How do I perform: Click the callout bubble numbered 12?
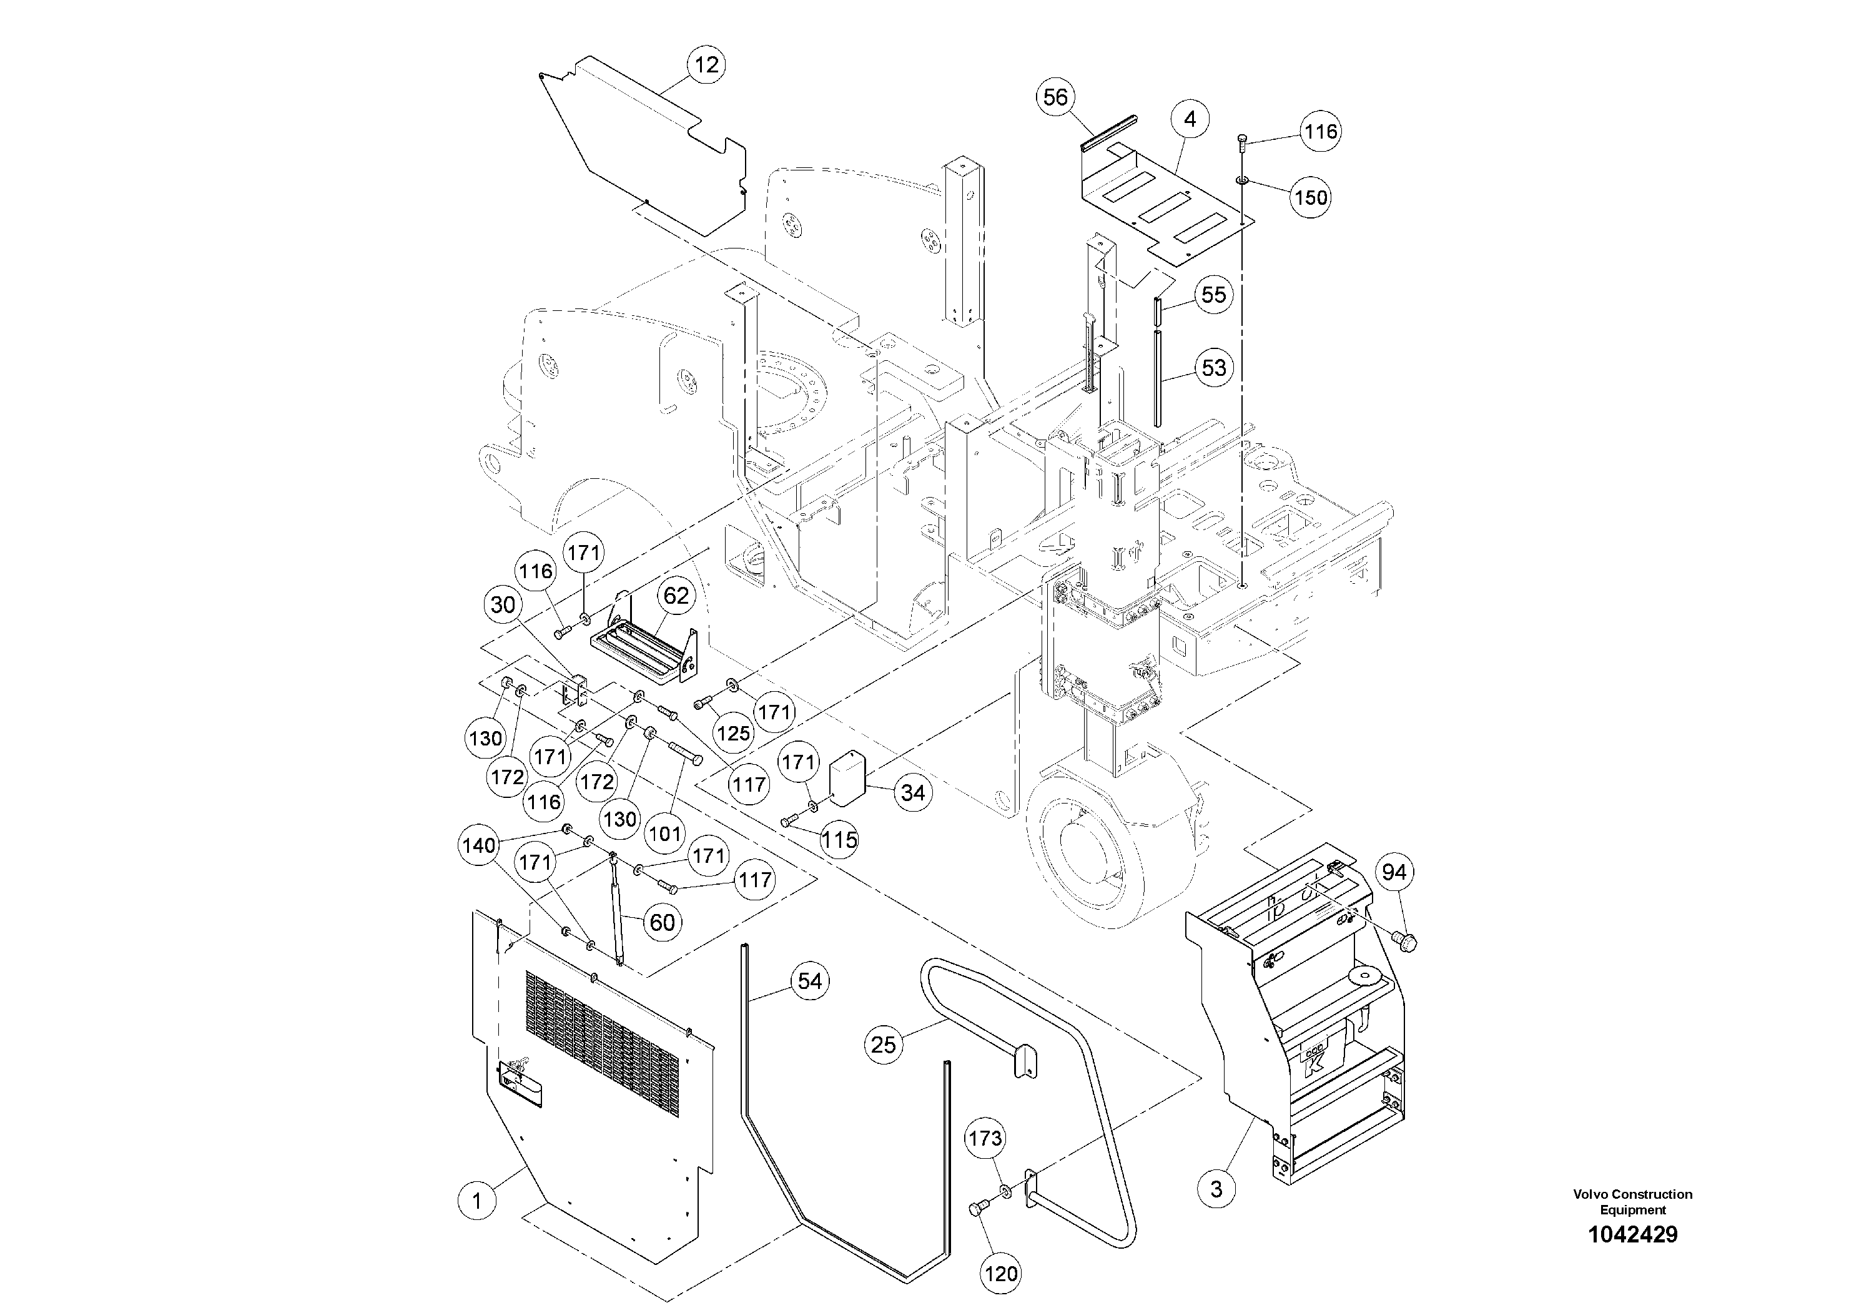coord(706,65)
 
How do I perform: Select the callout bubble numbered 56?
coord(1055,98)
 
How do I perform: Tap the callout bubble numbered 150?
coord(1310,197)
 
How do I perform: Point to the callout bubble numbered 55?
coord(1213,294)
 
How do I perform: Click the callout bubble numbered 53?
coord(1213,368)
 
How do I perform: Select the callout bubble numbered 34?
coord(912,792)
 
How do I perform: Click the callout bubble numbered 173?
coord(985,1138)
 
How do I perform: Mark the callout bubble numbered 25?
coord(884,1045)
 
